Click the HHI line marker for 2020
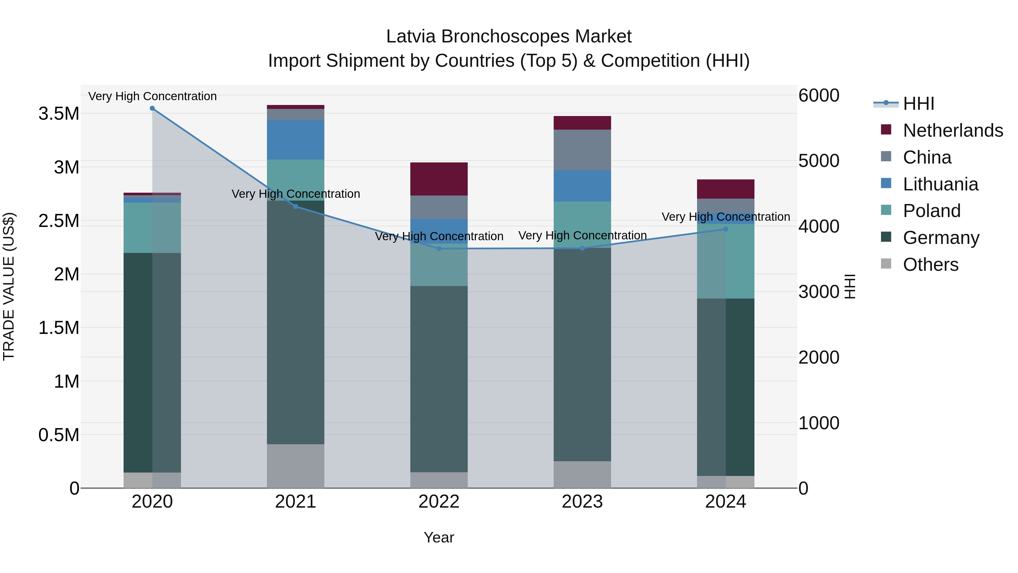[x=152, y=108]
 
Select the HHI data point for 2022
[x=439, y=249]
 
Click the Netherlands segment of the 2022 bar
[x=439, y=179]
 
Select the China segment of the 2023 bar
[x=582, y=150]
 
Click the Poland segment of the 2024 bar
[x=726, y=261]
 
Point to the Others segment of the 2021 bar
[x=296, y=466]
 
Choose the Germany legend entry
[x=941, y=238]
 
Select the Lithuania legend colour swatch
[x=886, y=183]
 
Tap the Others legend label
[x=931, y=265]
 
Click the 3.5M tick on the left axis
[x=59, y=114]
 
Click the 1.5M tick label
[x=59, y=328]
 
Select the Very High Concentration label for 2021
[x=296, y=194]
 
